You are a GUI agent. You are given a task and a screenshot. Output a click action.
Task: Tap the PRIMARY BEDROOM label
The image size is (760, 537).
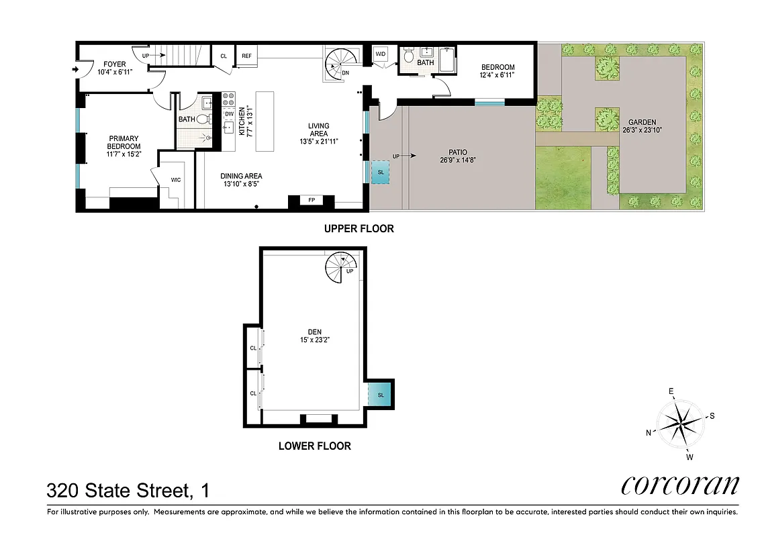click(x=125, y=142)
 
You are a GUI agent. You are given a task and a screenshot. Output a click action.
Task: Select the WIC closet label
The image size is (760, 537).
click(x=176, y=180)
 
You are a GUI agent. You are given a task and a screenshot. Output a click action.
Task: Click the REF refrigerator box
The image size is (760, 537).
click(x=246, y=56)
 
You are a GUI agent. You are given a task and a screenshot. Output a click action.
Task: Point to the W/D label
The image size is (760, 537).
click(x=380, y=54)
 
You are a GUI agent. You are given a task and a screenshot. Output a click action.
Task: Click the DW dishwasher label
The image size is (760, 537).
click(x=229, y=113)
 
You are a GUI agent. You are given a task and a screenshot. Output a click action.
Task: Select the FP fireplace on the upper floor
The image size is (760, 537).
click(x=311, y=200)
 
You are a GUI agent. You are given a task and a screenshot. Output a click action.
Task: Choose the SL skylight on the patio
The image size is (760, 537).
click(x=381, y=172)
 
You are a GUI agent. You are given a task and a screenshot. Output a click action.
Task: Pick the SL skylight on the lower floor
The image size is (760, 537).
click(x=381, y=395)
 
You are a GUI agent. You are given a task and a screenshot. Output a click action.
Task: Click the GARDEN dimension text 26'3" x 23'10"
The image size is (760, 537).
click(x=642, y=131)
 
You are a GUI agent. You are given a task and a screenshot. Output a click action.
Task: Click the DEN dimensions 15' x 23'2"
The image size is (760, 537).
click(x=314, y=340)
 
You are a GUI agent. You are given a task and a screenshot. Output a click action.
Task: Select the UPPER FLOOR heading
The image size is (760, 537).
click(x=359, y=228)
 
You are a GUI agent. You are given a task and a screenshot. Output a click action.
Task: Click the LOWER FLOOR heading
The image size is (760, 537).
click(x=314, y=446)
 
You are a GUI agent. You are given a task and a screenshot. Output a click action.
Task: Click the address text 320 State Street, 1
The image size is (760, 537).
click(x=128, y=491)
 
